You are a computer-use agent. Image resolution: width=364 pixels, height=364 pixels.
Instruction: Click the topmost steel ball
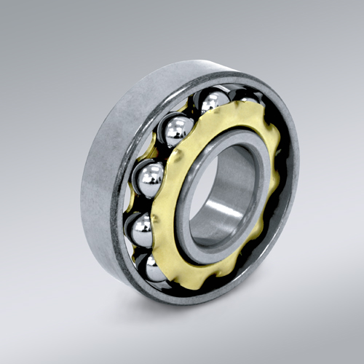point(215,102)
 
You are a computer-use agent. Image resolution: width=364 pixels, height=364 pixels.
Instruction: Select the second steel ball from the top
point(178,131)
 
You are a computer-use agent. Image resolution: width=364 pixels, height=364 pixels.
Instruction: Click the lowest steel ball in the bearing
point(154,269)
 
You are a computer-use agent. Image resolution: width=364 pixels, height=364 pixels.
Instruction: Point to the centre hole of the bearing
point(218,197)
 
